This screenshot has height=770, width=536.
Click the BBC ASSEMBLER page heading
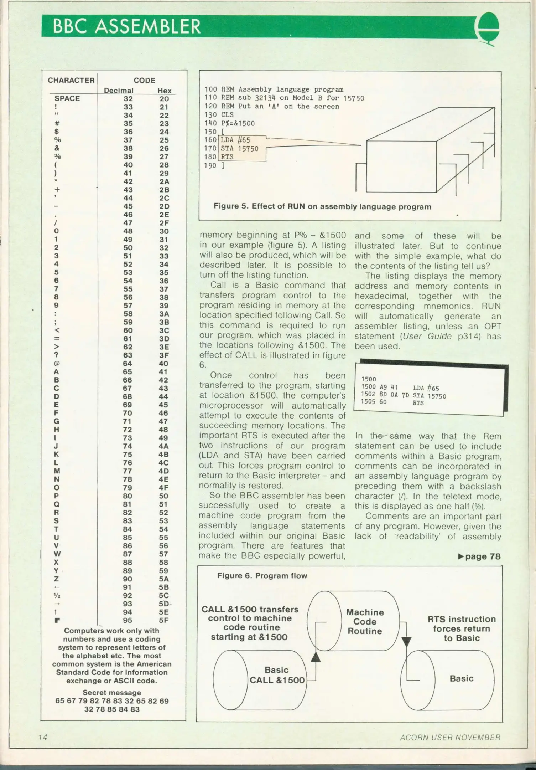click(127, 26)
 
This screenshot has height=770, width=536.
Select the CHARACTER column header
click(71, 80)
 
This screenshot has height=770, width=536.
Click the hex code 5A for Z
click(164, 579)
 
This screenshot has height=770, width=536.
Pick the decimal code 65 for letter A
click(128, 372)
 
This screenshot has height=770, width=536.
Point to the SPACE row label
click(67, 98)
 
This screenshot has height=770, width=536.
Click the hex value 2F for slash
click(164, 223)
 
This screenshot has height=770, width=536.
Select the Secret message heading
click(112, 692)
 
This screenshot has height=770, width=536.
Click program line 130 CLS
click(219, 115)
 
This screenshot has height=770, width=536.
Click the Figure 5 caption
click(322, 206)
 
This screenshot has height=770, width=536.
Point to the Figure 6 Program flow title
click(262, 576)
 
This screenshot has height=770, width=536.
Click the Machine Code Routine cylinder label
click(365, 621)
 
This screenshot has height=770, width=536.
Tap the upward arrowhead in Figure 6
click(316, 657)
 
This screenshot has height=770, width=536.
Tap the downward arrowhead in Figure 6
click(406, 642)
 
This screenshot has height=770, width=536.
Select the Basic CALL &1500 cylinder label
click(277, 675)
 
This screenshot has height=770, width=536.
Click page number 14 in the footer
click(43, 737)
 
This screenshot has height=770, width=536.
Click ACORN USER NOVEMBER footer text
click(450, 737)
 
